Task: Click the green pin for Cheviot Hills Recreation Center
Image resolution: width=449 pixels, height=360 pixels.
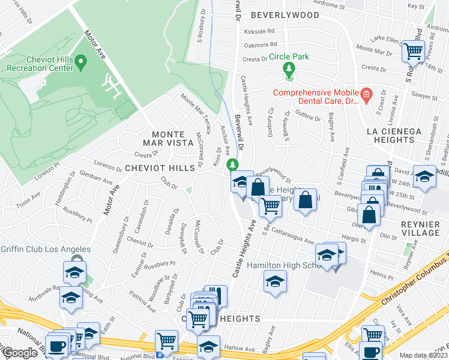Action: [x=82, y=60]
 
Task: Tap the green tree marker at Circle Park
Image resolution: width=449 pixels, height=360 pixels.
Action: [x=289, y=70]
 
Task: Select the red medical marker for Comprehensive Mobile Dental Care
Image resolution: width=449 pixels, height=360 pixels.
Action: [x=366, y=94]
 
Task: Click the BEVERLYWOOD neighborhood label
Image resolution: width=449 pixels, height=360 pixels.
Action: [x=285, y=14]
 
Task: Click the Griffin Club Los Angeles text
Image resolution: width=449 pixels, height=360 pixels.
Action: [x=45, y=249]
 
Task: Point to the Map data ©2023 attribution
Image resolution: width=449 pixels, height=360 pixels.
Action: [x=424, y=355]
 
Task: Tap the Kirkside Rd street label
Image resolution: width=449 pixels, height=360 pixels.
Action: [x=259, y=31]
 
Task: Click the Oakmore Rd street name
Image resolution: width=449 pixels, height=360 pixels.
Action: [x=260, y=44]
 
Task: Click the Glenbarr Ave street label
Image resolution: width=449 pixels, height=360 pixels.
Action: [x=95, y=178]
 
